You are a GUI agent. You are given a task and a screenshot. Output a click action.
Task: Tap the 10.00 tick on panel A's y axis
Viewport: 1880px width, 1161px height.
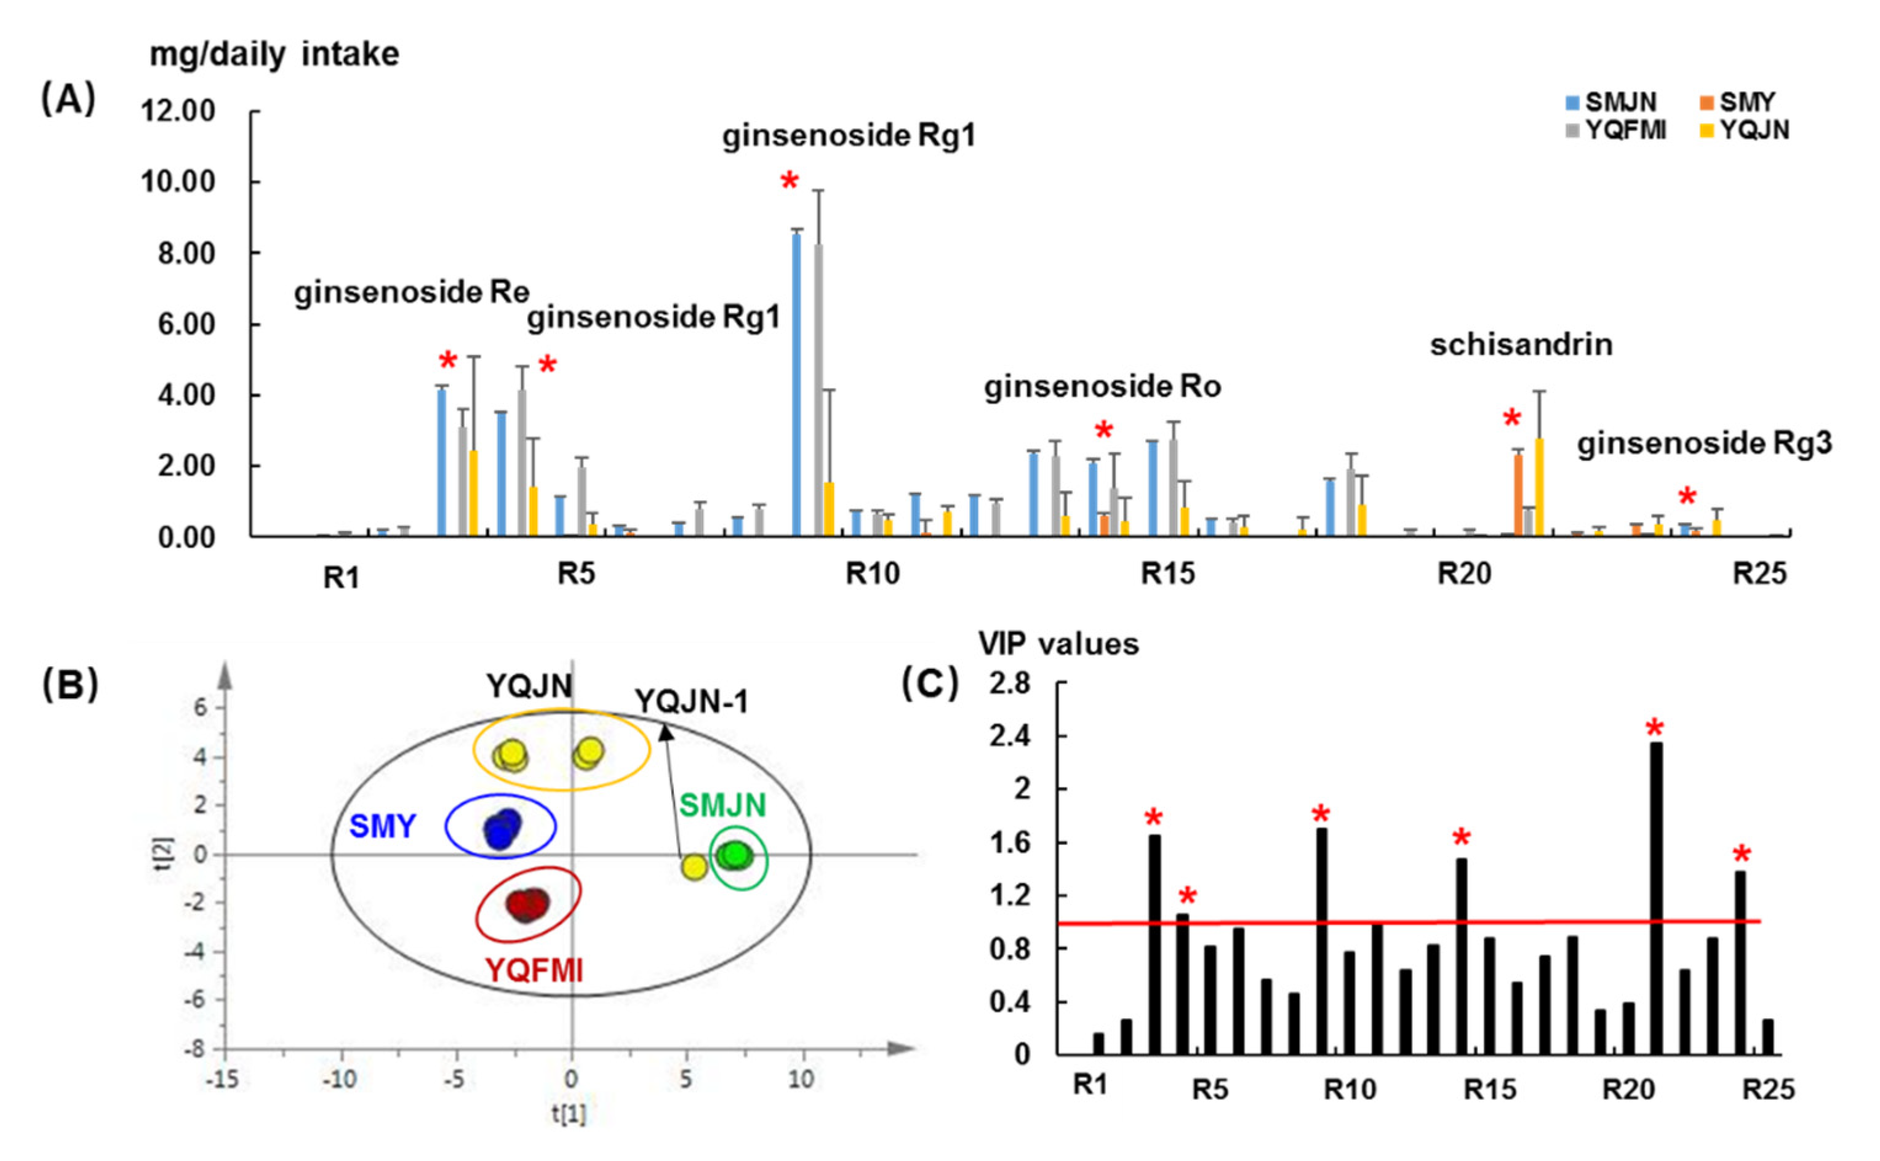pyautogui.click(x=178, y=183)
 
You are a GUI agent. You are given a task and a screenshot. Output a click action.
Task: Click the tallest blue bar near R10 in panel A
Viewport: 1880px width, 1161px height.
pyautogui.click(x=796, y=384)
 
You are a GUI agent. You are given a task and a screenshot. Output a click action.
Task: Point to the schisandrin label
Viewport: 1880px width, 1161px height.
pyautogui.click(x=1521, y=345)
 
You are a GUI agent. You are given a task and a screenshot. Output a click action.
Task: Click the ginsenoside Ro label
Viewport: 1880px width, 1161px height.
pyautogui.click(x=1102, y=386)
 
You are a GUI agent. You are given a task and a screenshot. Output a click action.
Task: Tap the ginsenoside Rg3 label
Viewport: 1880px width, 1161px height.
pyautogui.click(x=1704, y=443)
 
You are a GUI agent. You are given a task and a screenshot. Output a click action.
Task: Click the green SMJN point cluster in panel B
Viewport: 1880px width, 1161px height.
pyautogui.click(x=736, y=855)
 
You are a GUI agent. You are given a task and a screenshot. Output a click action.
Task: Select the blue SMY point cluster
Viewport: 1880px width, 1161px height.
pyautogui.click(x=502, y=828)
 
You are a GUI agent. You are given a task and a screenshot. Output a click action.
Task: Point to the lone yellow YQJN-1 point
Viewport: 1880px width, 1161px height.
pyautogui.click(x=694, y=867)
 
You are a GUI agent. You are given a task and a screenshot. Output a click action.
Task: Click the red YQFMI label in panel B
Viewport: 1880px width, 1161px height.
pyautogui.click(x=534, y=970)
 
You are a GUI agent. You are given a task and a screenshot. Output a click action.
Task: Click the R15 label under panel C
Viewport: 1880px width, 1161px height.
pyautogui.click(x=1489, y=1089)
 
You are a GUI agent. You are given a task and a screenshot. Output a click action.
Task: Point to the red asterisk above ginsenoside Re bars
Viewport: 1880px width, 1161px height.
pyautogui.click(x=448, y=361)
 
